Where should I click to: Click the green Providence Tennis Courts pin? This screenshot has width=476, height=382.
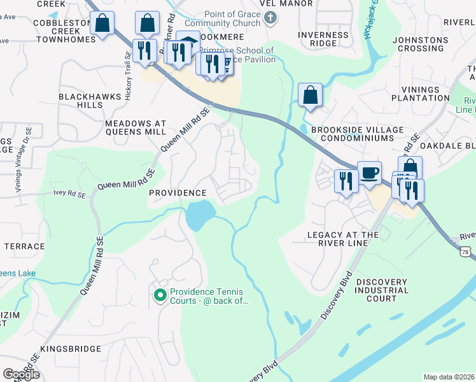(159, 295)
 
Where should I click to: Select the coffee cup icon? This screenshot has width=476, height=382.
(369, 172)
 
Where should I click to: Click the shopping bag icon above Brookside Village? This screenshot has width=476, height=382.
(310, 95)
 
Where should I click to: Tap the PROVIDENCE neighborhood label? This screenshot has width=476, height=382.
(178, 193)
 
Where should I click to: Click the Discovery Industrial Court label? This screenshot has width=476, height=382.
(382, 290)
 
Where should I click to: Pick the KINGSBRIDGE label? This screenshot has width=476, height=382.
(70, 349)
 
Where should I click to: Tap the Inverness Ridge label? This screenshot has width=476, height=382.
(323, 39)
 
